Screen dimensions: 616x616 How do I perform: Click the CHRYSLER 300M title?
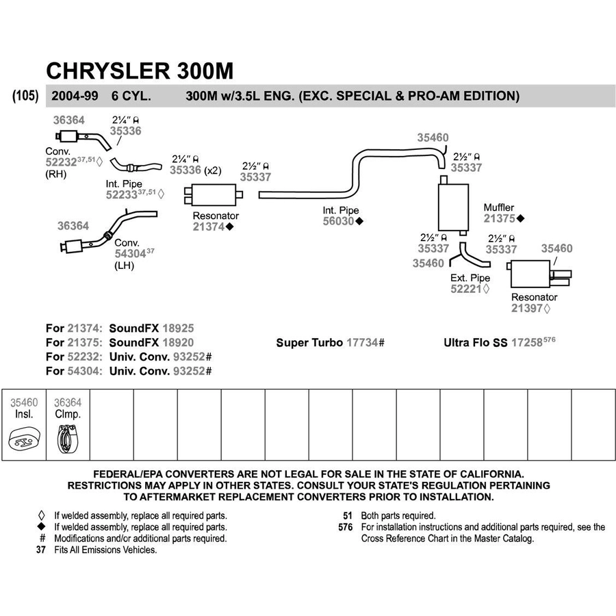(140, 70)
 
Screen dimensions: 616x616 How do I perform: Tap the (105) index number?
(25, 95)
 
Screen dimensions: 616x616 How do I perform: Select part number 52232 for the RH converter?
(61, 162)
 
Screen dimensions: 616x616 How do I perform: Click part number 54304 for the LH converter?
(130, 254)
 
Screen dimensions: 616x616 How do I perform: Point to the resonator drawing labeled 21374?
(214, 194)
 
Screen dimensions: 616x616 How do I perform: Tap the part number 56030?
(338, 221)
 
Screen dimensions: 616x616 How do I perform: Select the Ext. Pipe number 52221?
(466, 289)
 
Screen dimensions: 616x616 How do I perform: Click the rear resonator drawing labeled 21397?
(539, 274)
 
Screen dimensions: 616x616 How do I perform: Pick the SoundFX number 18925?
(178, 329)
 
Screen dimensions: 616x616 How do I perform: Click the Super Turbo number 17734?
(362, 343)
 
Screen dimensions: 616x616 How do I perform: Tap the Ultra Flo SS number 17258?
(527, 343)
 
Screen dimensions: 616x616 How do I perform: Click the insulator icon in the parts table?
(24, 440)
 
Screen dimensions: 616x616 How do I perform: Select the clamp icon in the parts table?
(68, 439)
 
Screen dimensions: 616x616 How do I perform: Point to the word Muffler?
(498, 207)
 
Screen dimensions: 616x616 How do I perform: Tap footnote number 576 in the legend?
(346, 527)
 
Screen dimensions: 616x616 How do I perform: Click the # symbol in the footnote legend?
(42, 538)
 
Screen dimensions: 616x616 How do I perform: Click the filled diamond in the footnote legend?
(41, 527)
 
